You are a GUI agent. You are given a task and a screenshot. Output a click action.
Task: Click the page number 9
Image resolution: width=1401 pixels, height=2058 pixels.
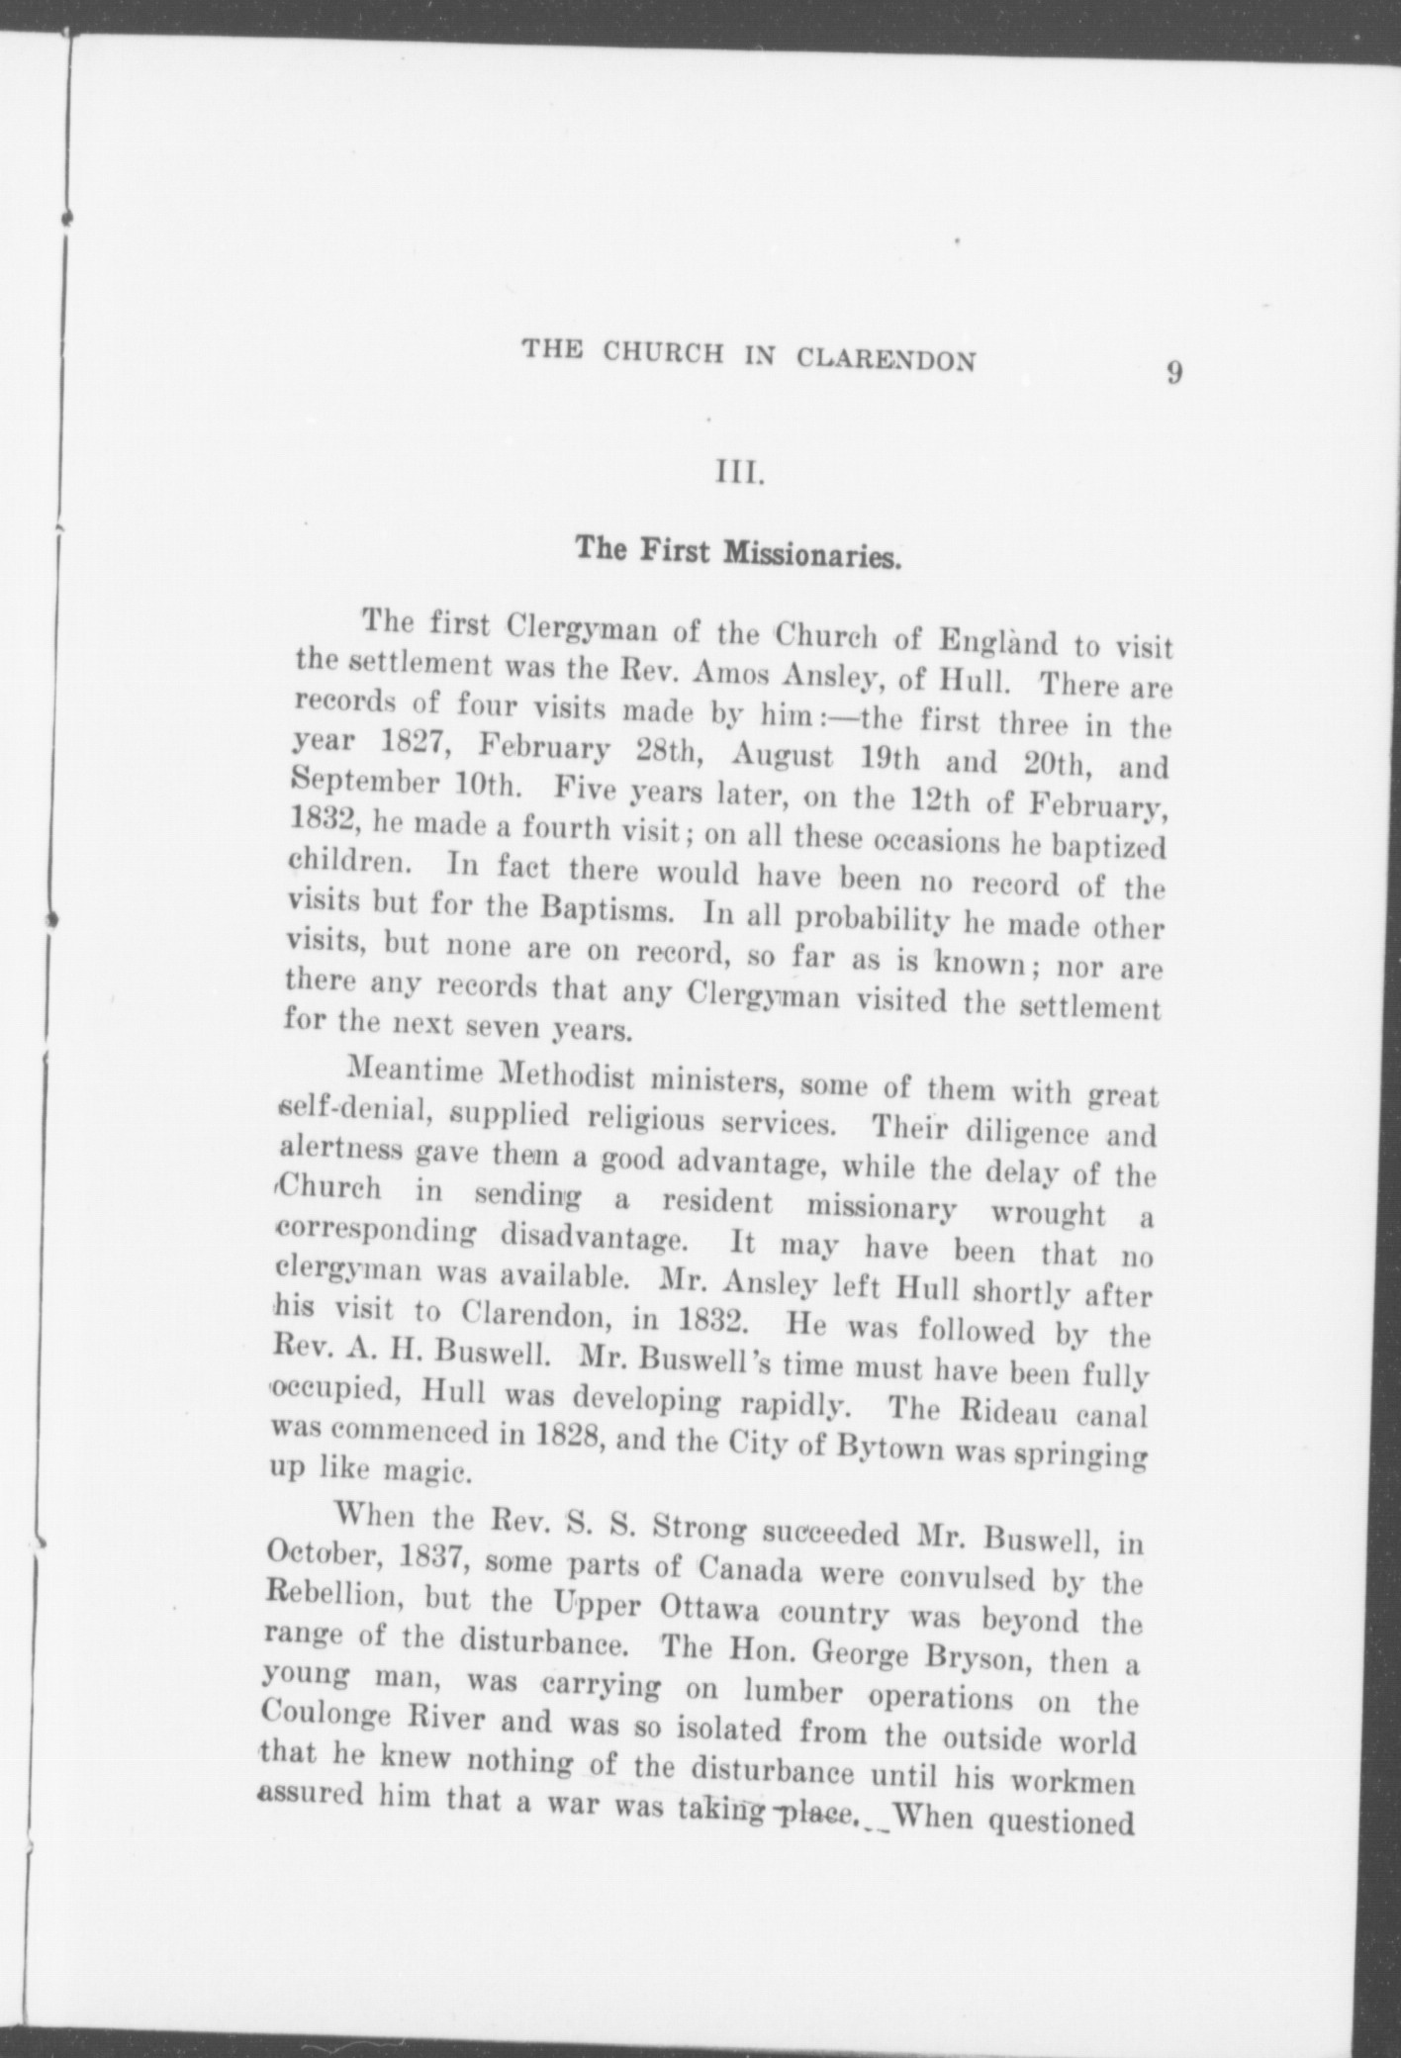1174,373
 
